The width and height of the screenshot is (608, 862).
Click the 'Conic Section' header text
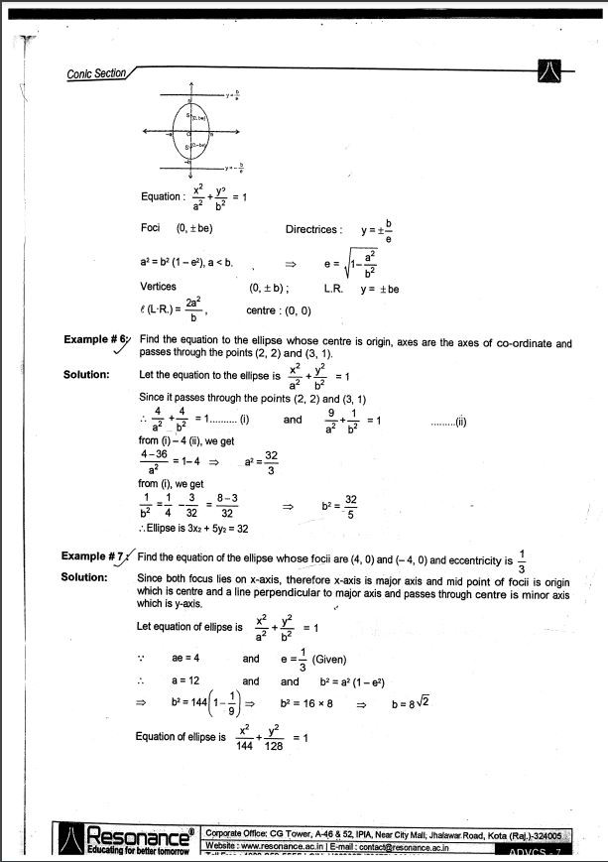click(x=96, y=72)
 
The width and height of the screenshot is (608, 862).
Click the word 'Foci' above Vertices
click(x=151, y=228)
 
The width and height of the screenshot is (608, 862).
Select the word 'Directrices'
click(x=313, y=229)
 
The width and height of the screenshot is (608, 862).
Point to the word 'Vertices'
click(x=159, y=286)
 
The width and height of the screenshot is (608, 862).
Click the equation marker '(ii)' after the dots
click(x=459, y=422)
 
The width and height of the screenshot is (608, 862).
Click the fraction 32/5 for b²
click(x=350, y=506)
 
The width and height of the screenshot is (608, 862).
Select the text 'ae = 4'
click(x=187, y=658)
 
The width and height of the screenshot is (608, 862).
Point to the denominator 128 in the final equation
click(x=275, y=746)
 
